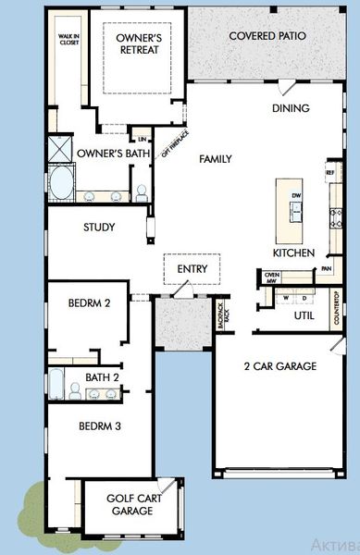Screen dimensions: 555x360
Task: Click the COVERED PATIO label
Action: click(x=267, y=36)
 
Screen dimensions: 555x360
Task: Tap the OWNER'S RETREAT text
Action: click(x=138, y=43)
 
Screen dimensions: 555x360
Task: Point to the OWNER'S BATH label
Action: click(x=108, y=153)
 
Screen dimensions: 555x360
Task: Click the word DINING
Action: click(x=290, y=108)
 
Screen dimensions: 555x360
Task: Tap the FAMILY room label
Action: click(x=216, y=159)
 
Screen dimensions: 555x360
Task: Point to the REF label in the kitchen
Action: click(x=329, y=173)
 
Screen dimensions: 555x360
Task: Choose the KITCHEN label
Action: click(x=294, y=253)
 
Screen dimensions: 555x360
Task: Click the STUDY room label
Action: click(x=99, y=227)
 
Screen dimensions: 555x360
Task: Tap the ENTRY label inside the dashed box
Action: click(x=192, y=270)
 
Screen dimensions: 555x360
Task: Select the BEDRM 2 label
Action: click(x=91, y=303)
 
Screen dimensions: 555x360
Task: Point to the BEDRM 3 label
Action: click(x=99, y=426)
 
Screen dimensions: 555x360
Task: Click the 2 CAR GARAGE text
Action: click(x=279, y=366)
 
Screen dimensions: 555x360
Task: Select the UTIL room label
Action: click(x=304, y=315)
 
